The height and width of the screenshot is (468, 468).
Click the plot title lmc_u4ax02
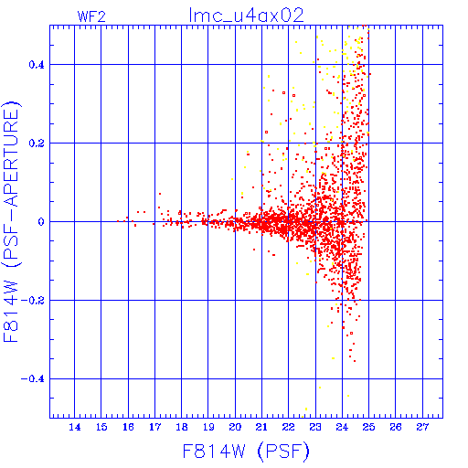[x=246, y=16]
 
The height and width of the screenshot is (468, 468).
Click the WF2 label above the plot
[x=91, y=16]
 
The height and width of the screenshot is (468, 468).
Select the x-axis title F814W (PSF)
[x=246, y=452]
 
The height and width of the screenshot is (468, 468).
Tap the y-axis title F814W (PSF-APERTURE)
[x=12, y=222]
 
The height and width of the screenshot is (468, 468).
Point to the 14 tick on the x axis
[x=75, y=427]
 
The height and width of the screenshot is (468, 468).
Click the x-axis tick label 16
[x=128, y=427]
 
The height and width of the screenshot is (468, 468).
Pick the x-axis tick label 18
[x=182, y=427]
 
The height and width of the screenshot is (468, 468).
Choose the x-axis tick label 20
[x=235, y=427]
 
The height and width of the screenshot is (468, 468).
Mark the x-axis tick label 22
[x=289, y=427]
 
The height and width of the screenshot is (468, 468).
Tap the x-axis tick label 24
[x=342, y=427]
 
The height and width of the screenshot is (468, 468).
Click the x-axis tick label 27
[x=422, y=427]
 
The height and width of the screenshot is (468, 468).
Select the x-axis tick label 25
[x=368, y=427]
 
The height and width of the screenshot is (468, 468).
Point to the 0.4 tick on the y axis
[x=37, y=65]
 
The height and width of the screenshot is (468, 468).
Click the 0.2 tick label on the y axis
[x=37, y=144]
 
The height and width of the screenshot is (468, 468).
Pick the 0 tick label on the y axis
[x=41, y=222]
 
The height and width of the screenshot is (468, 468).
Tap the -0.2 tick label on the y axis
[x=33, y=301]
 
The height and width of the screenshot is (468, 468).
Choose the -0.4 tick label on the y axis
[x=33, y=379]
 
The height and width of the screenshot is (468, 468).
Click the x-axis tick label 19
[x=208, y=427]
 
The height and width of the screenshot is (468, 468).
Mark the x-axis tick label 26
[x=396, y=427]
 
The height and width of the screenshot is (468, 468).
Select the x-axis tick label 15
[x=101, y=427]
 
